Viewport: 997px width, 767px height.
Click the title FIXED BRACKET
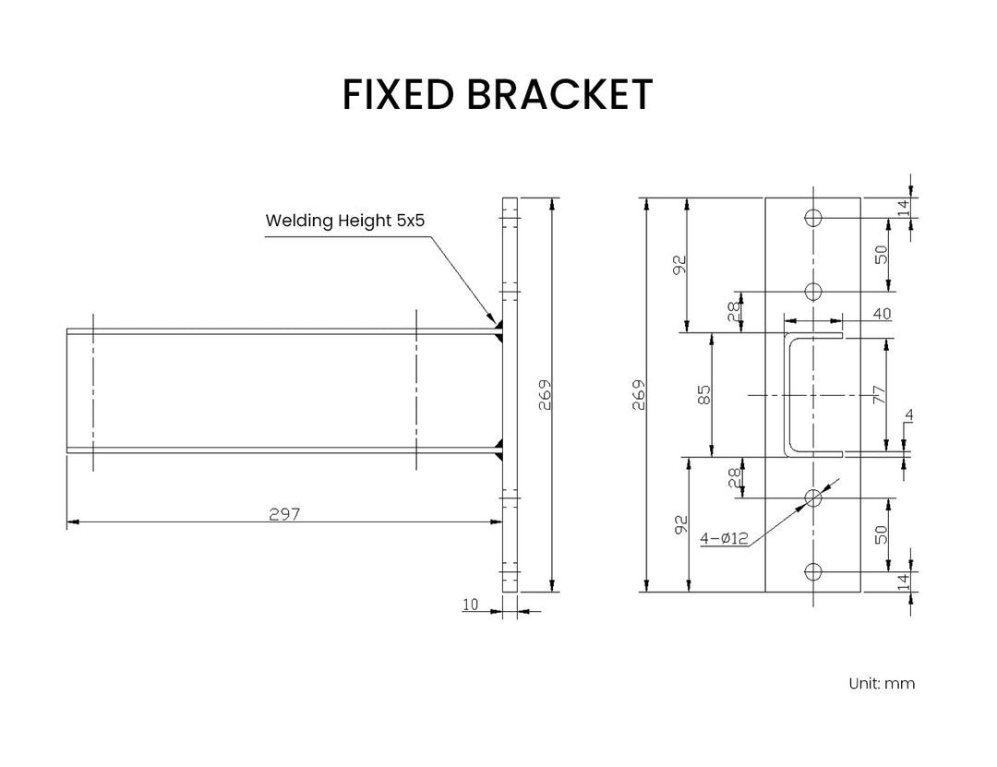tap(498, 94)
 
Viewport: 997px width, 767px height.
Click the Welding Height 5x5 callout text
tap(344, 221)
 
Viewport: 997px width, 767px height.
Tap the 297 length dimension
tap(284, 514)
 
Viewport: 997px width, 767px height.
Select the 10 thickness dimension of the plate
tap(471, 605)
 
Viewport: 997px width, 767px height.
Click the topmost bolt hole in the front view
tap(813, 218)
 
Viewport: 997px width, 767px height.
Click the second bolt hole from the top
tap(813, 292)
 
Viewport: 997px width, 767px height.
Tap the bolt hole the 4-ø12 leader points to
tap(813, 498)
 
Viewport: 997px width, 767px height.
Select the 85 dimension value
tap(704, 395)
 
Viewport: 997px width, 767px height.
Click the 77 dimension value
tap(879, 395)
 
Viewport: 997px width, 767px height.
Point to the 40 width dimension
tap(881, 314)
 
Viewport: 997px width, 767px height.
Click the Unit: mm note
tap(882, 684)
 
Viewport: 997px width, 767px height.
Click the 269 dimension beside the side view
tap(544, 395)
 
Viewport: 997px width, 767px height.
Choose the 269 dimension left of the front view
tap(638, 395)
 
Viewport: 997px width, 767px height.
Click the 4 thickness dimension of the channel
tap(908, 416)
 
